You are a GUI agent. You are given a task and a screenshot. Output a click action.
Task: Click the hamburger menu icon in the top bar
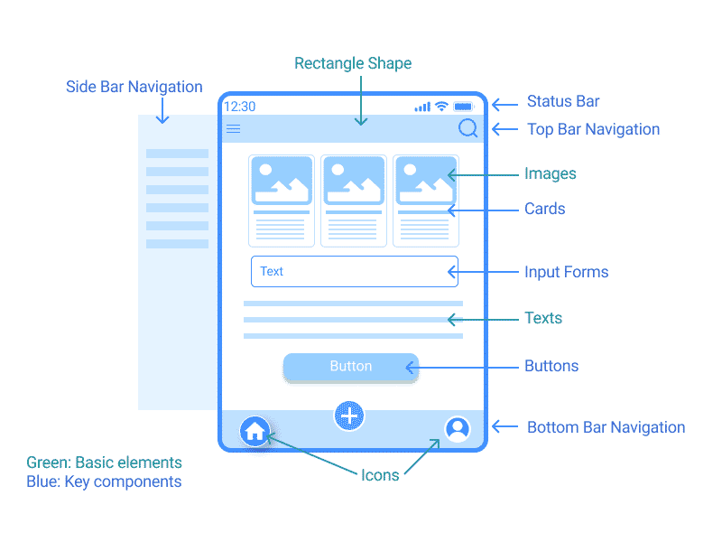click(x=233, y=129)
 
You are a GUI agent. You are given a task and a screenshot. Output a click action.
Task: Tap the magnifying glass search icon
click(x=467, y=128)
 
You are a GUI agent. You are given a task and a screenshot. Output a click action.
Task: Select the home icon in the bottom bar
click(x=255, y=431)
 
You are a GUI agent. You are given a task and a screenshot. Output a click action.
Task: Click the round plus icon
click(x=349, y=416)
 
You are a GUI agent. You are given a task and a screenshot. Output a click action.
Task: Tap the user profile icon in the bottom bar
click(x=458, y=428)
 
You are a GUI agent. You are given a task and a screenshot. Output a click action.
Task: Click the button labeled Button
click(x=350, y=367)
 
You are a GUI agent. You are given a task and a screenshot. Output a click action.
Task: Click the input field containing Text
click(x=354, y=271)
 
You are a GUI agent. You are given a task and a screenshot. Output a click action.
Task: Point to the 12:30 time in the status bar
click(x=239, y=107)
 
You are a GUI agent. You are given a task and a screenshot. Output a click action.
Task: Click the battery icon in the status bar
click(x=464, y=107)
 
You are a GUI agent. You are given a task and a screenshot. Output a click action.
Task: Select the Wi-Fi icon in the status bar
click(x=441, y=107)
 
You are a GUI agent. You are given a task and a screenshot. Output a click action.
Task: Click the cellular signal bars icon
click(x=422, y=107)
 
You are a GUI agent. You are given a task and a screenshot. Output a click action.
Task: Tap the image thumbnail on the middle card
click(x=354, y=181)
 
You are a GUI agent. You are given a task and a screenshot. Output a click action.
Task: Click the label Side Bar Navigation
click(x=134, y=88)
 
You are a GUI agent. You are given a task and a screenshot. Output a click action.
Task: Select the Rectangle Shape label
click(x=353, y=63)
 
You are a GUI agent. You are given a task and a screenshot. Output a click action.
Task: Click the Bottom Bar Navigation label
click(x=606, y=427)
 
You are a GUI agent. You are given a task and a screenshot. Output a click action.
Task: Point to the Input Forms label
click(x=566, y=272)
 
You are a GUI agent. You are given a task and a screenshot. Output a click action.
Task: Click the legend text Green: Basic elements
click(x=104, y=463)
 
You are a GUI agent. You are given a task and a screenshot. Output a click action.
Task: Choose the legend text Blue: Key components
click(x=104, y=481)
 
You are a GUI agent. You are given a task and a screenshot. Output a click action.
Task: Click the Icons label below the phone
click(x=380, y=475)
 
